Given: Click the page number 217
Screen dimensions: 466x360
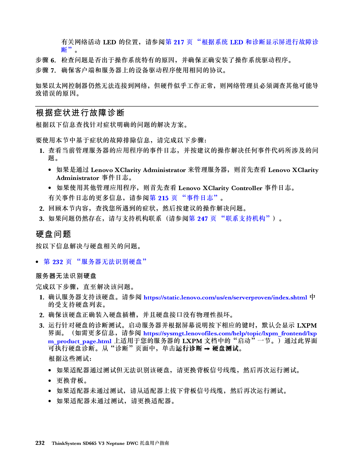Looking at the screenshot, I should (x=179, y=42).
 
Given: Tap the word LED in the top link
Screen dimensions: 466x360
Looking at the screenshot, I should (x=237, y=42).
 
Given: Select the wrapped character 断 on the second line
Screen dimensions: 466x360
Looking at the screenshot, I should (x=64, y=50).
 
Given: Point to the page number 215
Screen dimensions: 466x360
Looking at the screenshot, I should (x=163, y=198).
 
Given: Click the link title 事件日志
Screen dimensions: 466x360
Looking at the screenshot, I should (x=200, y=198).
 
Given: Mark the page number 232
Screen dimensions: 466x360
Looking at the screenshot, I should (x=58, y=262).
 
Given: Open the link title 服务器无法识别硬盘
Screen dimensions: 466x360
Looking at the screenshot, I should (x=112, y=262).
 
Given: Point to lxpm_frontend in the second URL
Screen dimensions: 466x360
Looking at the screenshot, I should (x=285, y=334).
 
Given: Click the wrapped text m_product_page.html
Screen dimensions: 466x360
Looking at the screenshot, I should (x=80, y=341).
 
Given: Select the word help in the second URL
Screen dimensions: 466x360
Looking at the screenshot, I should (x=239, y=334).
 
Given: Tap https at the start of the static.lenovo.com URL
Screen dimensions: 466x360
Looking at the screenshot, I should (x=151, y=298).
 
